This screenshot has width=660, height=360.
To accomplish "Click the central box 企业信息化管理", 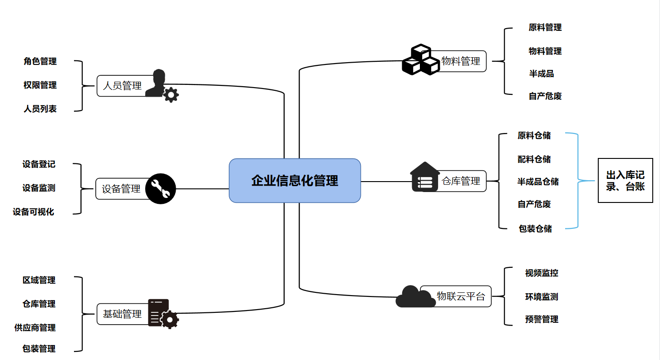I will pos(295,180).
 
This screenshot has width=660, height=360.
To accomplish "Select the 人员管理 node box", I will pos(122,85).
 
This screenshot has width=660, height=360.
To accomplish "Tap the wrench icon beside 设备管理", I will pos(160,188).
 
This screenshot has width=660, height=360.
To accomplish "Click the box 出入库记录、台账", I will pos(625,180).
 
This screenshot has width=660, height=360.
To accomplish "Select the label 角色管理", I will pos(40,61).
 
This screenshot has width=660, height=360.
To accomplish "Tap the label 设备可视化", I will pos(34,212).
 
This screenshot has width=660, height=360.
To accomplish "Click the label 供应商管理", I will pos(35,327).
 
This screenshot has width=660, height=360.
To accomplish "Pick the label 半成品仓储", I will pos(538,182).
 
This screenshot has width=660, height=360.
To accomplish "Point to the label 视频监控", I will pos(542,273).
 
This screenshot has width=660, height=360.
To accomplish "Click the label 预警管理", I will pos(542,319).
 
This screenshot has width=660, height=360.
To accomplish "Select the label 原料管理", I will pos(545,27).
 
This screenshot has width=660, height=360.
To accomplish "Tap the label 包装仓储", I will pos(535,228).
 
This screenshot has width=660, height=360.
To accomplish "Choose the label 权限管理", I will pos(40,85).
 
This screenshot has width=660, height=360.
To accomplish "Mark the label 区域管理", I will pos(39,280).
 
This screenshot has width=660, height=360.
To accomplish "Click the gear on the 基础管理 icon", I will pos(170,320).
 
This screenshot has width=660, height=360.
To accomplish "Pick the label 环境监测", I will pos(542,296).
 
